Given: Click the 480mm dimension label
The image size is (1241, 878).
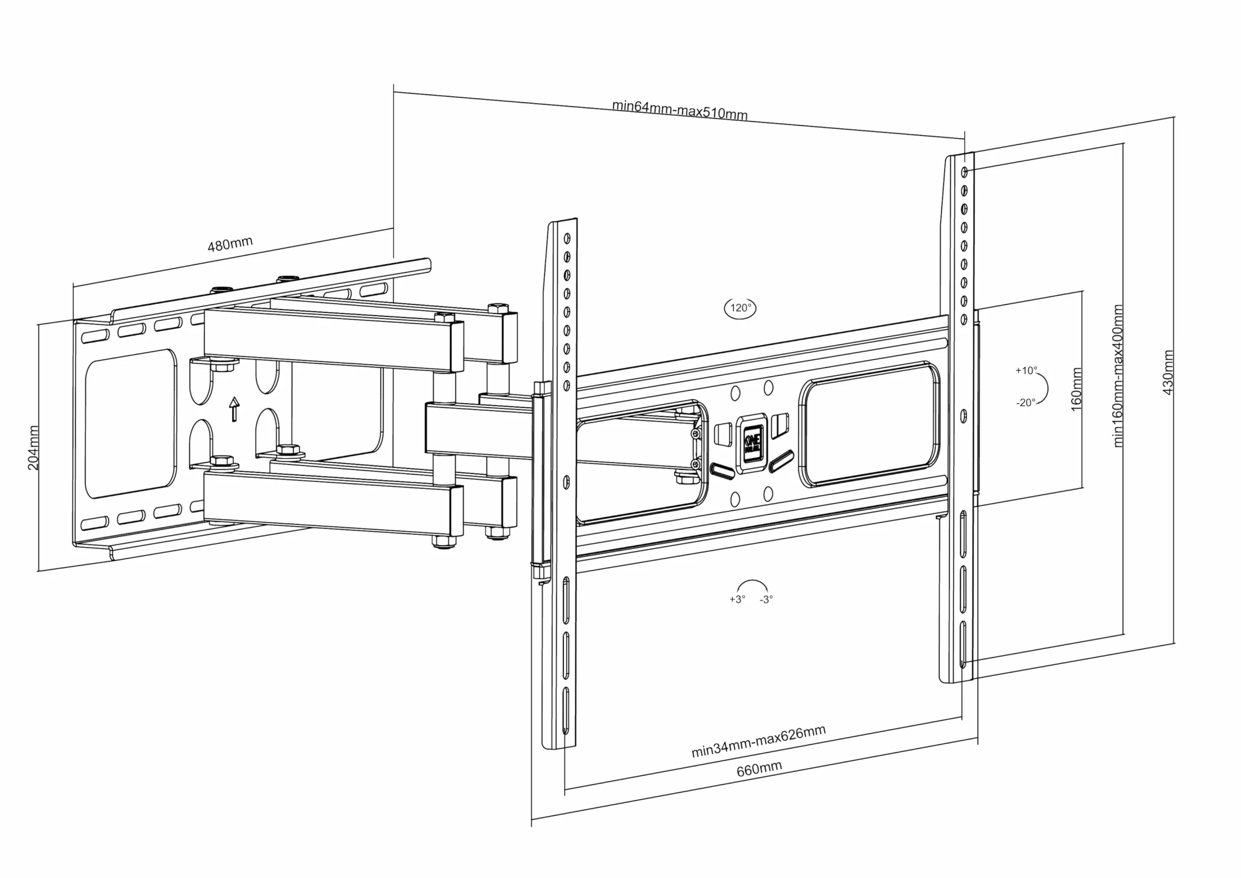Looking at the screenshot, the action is click(x=230, y=244).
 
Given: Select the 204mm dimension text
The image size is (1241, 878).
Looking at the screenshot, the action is click(x=33, y=448).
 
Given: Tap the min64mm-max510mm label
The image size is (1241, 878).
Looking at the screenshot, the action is click(x=679, y=109).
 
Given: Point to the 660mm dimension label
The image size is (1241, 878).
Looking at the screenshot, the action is click(x=759, y=769).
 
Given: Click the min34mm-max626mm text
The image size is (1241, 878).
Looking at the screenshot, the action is click(x=758, y=741).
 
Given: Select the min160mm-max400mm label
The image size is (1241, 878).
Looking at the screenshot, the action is click(x=1118, y=376).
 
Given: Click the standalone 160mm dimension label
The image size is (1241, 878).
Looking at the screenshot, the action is click(x=1076, y=389).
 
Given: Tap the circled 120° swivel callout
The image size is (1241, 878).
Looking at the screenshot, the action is click(x=740, y=308).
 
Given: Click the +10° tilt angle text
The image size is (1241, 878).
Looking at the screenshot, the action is click(x=1026, y=371).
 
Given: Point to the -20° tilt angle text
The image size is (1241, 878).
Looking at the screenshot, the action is click(x=1025, y=402).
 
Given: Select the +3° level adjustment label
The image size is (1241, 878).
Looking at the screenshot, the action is click(x=737, y=599).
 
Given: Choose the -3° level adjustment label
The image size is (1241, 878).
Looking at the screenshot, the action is click(x=766, y=599).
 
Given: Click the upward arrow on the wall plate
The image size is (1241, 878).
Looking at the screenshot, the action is click(x=234, y=409).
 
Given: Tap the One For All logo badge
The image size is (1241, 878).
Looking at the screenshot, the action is click(x=752, y=443).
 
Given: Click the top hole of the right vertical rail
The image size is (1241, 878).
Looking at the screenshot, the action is click(x=964, y=172).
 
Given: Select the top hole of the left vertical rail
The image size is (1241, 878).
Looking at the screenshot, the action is click(x=567, y=238).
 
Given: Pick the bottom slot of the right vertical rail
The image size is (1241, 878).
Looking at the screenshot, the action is click(x=963, y=645).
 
